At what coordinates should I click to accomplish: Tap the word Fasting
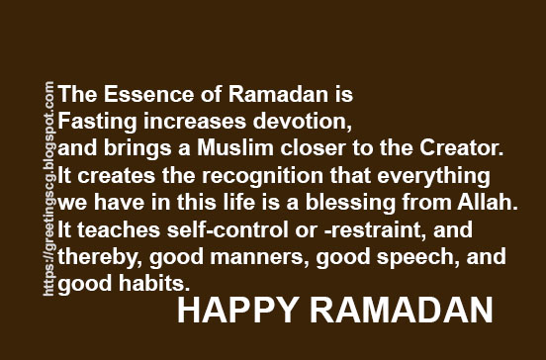(97, 123)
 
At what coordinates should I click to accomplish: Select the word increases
(195, 122)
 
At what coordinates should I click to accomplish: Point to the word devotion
(301, 122)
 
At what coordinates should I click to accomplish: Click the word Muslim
(235, 148)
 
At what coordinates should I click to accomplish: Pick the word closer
(313, 148)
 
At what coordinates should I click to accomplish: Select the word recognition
(262, 177)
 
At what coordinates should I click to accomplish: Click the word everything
(434, 177)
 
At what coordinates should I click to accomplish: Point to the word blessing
(350, 204)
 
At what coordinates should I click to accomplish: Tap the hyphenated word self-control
(227, 229)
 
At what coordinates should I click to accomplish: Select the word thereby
(98, 258)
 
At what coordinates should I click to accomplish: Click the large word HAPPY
(237, 311)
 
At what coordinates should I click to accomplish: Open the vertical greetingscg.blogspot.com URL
(48, 189)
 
